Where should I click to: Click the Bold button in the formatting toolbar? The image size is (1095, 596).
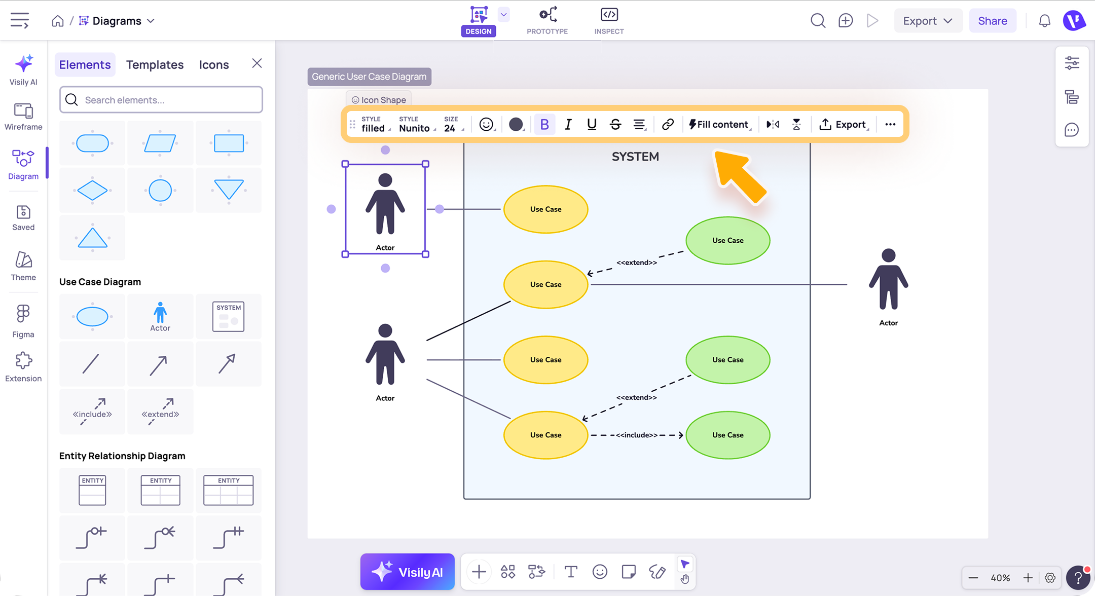[x=544, y=124]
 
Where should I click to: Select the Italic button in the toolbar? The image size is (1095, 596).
[x=568, y=124]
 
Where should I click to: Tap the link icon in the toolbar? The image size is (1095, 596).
[x=668, y=124]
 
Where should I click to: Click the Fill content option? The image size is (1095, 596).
[x=719, y=124]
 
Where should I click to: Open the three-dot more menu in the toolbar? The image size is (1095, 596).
[x=890, y=124]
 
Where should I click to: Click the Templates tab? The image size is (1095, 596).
[x=155, y=64]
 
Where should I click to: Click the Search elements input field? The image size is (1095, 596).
[x=161, y=100]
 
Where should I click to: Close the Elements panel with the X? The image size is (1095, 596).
[x=257, y=63]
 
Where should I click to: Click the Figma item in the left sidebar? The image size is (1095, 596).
[x=23, y=321]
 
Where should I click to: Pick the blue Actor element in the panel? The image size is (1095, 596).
[x=160, y=316]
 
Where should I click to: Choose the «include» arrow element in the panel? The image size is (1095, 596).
[x=92, y=412]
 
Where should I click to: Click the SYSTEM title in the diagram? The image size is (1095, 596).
[x=635, y=157]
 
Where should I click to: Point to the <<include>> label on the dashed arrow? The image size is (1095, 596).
[x=637, y=435]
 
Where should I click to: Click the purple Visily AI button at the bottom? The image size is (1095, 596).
[x=408, y=572]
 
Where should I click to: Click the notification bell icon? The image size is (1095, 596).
[x=1044, y=21]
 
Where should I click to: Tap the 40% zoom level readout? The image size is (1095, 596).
[x=1000, y=578]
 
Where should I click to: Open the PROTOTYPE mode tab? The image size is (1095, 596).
[x=547, y=21]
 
